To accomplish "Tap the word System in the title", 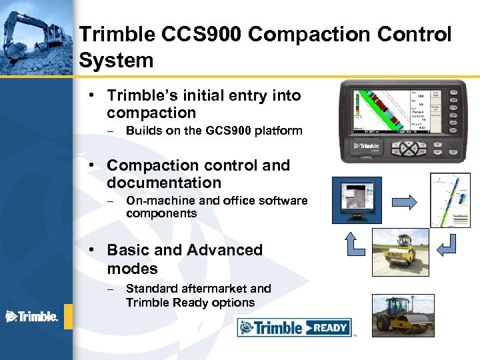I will (x=116, y=61).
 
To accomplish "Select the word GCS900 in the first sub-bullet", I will (x=230, y=131).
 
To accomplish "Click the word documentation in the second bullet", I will (x=164, y=183).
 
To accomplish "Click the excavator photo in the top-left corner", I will (x=36, y=37).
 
